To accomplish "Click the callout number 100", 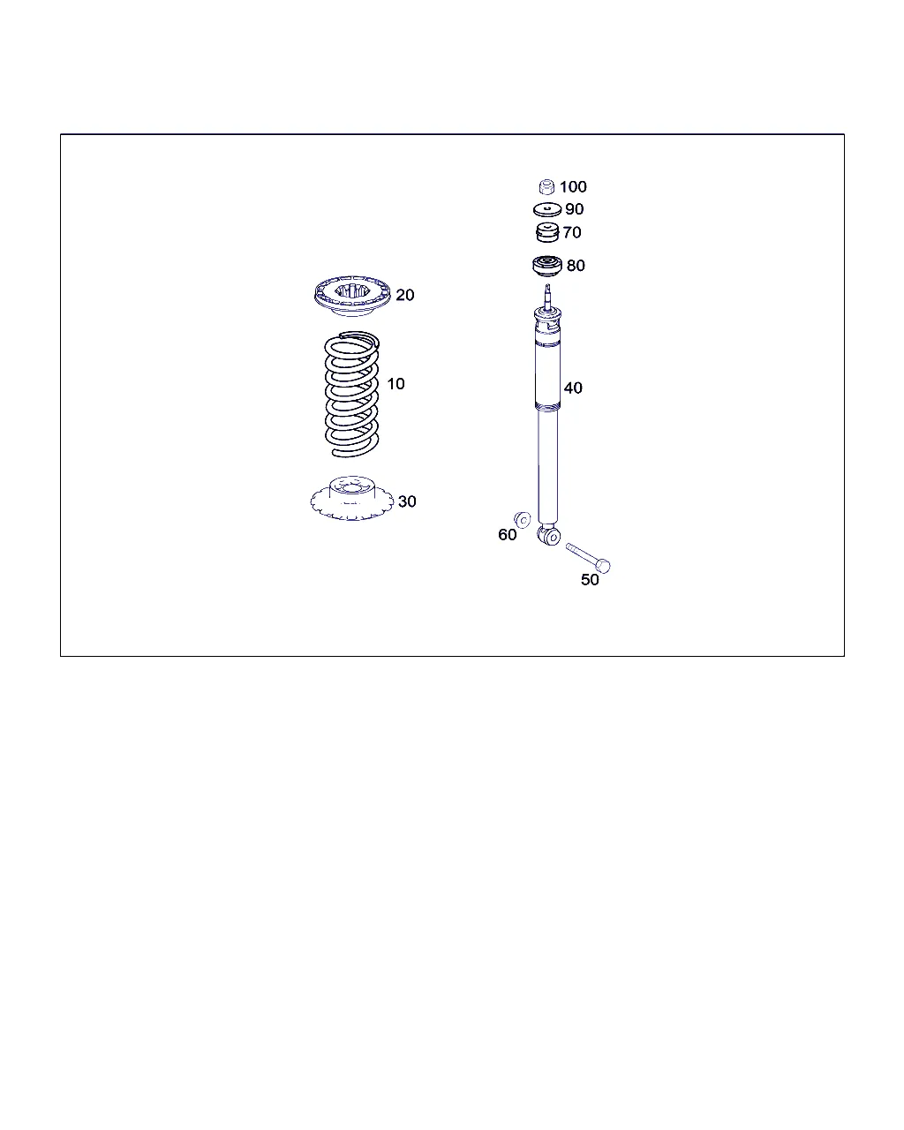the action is click(x=573, y=186).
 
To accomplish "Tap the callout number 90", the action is click(x=574, y=209).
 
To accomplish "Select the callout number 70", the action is click(x=571, y=232).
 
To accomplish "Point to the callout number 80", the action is click(x=576, y=265).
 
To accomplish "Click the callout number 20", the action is click(x=404, y=295).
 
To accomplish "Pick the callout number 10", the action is click(x=395, y=384).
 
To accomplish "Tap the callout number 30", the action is click(x=407, y=501).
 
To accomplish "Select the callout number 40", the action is click(x=573, y=388).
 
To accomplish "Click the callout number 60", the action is click(x=507, y=535).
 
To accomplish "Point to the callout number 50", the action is click(x=590, y=580).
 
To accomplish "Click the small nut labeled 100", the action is click(x=546, y=187).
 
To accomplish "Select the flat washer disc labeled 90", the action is click(x=546, y=209).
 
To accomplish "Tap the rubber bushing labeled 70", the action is click(x=546, y=232).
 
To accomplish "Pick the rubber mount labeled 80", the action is click(x=546, y=267).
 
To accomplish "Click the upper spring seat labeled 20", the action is click(x=352, y=296).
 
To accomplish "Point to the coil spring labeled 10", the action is click(x=351, y=394).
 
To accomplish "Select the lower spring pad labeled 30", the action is click(x=352, y=498).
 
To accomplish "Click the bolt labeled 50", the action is click(x=588, y=558).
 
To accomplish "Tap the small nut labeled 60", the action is click(x=522, y=520).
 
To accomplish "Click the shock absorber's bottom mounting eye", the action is click(x=549, y=536).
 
